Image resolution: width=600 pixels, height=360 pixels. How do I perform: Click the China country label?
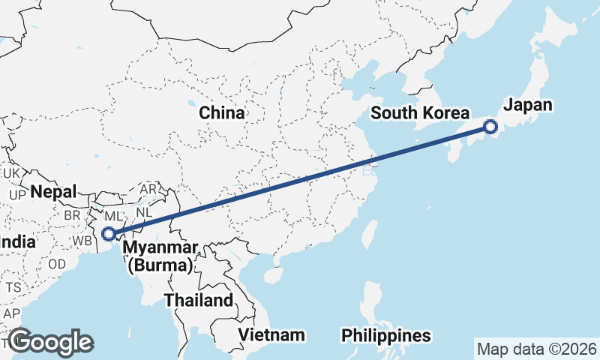point(222,113)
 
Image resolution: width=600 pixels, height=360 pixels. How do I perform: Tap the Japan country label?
point(527,105)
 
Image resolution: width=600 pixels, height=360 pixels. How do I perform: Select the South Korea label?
point(419,113)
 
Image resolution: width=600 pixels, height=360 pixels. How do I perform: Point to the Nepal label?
point(53,192)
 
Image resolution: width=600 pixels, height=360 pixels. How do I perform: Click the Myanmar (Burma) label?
point(161,256)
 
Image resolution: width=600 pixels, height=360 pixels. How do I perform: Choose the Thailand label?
point(199,301)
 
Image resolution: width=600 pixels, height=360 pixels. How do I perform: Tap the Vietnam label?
point(271,334)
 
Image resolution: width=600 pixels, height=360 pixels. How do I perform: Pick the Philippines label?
point(386,335)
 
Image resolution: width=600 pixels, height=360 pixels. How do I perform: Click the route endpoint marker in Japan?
point(490,127)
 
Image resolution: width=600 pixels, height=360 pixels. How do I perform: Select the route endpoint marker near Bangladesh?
point(109,234)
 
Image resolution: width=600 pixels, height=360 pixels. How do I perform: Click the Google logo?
point(51,342)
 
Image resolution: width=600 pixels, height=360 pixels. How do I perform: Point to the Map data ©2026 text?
point(536,349)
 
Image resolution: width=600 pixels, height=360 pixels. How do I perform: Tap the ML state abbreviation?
point(113,216)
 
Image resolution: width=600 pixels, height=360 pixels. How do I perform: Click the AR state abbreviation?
point(148,189)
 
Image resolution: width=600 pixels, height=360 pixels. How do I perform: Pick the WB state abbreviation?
point(82,241)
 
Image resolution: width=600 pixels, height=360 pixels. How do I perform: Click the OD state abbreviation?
point(57,264)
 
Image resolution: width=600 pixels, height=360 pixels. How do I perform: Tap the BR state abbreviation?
point(73,214)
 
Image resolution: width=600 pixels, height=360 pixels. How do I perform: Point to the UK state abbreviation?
point(11,173)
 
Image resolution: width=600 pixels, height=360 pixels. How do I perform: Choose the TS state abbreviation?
point(13,287)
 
